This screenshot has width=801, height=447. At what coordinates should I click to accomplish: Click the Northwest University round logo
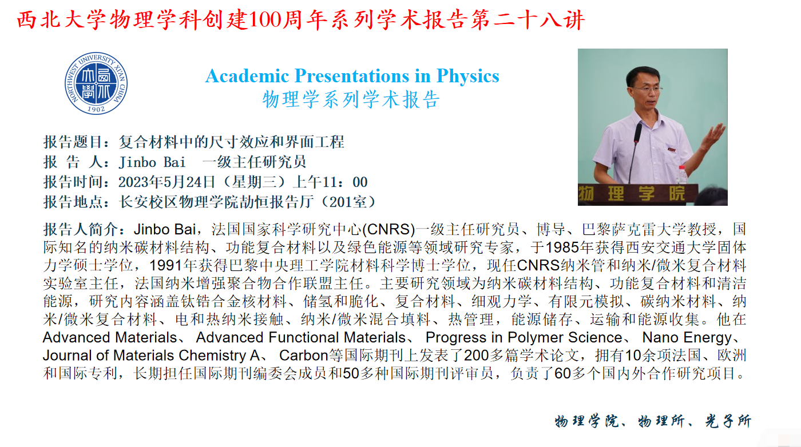96,83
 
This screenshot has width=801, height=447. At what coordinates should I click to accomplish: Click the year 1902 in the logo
96,109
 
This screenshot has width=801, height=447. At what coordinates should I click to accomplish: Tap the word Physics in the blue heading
468,77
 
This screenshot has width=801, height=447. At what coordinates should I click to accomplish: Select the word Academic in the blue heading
247,76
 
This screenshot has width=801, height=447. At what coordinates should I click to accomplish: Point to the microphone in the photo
637,133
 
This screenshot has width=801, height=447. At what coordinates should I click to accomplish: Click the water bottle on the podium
682,175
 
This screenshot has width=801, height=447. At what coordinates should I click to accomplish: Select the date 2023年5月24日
166,182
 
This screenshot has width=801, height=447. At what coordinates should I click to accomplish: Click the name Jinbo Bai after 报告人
152,162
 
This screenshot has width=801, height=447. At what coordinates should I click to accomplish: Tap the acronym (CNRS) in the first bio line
388,229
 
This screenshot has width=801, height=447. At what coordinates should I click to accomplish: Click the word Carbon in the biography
304,356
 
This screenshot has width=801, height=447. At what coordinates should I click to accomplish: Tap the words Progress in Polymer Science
524,338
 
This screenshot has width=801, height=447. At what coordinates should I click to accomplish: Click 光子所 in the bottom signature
728,421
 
